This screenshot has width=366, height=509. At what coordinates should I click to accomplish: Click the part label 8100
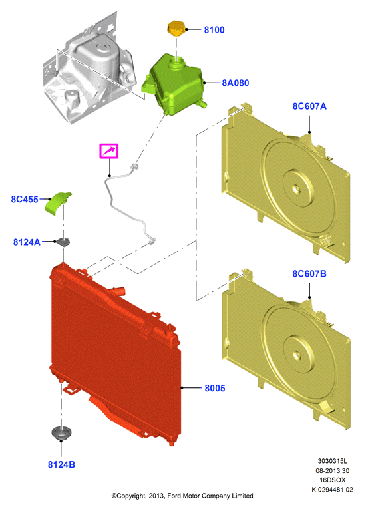pos(214,30)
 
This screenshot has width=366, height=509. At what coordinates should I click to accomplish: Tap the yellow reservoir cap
pos(176,28)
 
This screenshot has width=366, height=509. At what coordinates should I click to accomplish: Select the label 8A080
pos(235,83)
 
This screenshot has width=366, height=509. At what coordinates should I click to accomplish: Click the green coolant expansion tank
pos(173,85)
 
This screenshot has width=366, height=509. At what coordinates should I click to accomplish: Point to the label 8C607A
pos(309,106)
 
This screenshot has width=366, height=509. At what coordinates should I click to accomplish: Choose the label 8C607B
pos(309,273)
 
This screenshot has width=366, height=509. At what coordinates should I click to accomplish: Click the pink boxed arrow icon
pos(108,151)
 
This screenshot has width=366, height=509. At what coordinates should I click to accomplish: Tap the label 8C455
pos(25,199)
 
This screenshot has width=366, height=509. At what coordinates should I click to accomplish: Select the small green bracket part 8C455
pos(58,203)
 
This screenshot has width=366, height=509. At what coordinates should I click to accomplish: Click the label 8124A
pos(27,242)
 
